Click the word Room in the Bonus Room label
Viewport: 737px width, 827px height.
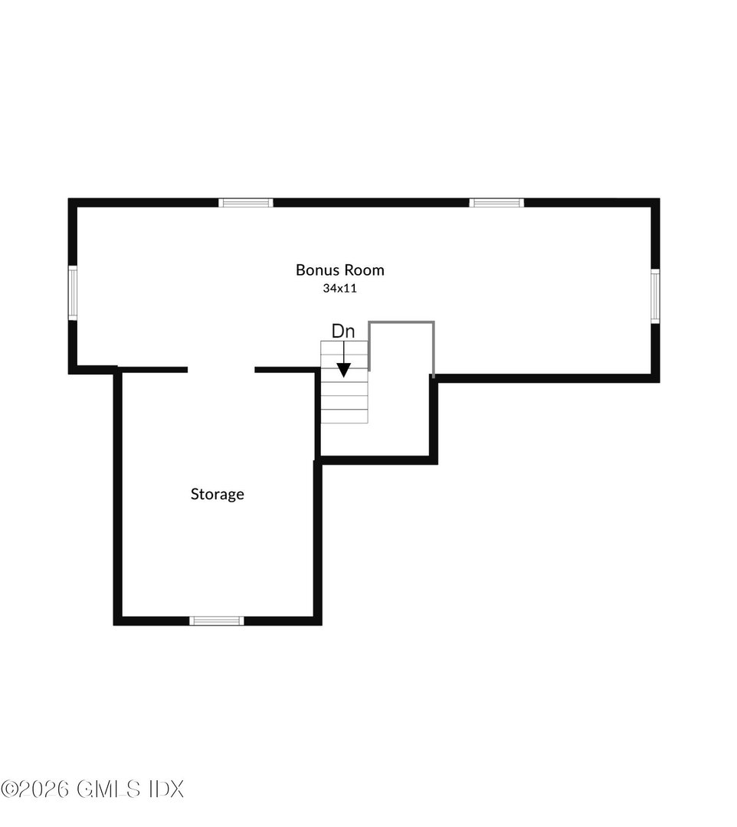point(364,270)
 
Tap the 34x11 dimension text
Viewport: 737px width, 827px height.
point(340,289)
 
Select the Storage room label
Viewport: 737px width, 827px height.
point(218,495)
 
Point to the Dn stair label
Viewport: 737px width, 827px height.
point(343,332)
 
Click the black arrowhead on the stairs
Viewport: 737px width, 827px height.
point(344,369)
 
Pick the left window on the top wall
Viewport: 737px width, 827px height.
point(246,203)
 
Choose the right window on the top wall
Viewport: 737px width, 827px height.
point(496,203)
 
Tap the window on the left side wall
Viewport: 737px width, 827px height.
point(73,293)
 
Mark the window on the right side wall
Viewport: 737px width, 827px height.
point(656,296)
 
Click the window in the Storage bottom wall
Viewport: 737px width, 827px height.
point(217,620)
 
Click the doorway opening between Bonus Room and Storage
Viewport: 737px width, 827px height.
point(221,370)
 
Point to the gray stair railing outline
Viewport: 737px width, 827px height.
point(402,322)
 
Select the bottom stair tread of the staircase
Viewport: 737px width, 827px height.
point(344,417)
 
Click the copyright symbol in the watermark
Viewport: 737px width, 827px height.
point(9,789)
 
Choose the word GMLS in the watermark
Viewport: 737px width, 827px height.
point(110,789)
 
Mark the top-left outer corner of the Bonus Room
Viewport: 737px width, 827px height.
point(70,200)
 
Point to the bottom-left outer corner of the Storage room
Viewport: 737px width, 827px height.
point(115,624)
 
